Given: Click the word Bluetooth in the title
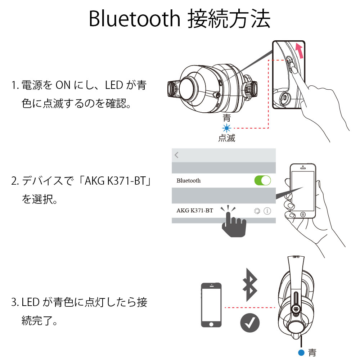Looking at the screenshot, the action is (135, 19).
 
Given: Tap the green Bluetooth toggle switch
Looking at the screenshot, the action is (263, 180).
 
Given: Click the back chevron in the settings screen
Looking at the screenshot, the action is (176, 155).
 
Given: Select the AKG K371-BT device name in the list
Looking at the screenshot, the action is (195, 211).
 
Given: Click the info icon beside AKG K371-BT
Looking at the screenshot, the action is (267, 211).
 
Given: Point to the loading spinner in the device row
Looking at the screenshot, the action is (257, 211).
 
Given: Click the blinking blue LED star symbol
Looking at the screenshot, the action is (227, 128).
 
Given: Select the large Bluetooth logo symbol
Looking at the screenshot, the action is (250, 285).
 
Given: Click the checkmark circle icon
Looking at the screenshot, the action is (250, 323).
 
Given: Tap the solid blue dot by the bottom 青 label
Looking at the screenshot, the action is (301, 352).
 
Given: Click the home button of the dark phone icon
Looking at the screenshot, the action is (211, 324).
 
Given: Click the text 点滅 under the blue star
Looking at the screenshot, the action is (226, 138).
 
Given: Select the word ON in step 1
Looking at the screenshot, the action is (63, 85).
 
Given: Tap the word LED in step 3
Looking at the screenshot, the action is (31, 302).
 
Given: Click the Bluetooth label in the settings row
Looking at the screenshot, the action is (189, 181).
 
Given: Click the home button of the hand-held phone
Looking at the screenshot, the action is (303, 215).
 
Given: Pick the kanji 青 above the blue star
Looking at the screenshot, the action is (227, 118).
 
